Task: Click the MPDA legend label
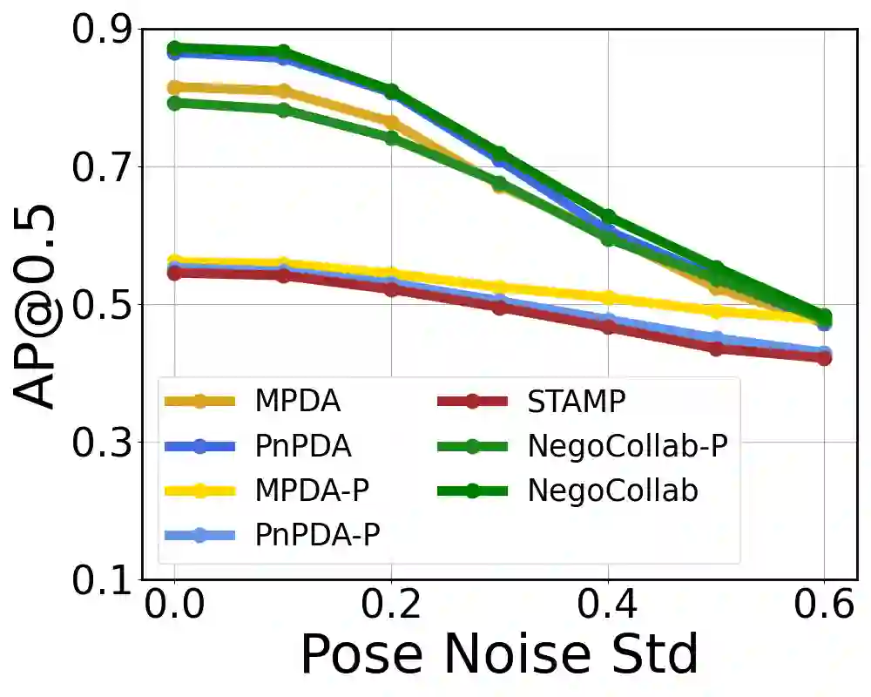tap(297, 402)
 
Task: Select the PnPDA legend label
tap(303, 446)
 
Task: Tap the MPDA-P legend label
tap(313, 491)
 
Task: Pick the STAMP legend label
tap(577, 402)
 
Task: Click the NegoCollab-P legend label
tap(627, 446)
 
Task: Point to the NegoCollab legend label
tap(613, 491)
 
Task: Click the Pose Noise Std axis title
tap(500, 655)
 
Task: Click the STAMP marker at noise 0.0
tap(174, 274)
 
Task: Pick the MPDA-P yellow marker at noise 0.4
tap(608, 298)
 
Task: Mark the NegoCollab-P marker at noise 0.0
tap(174, 103)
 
